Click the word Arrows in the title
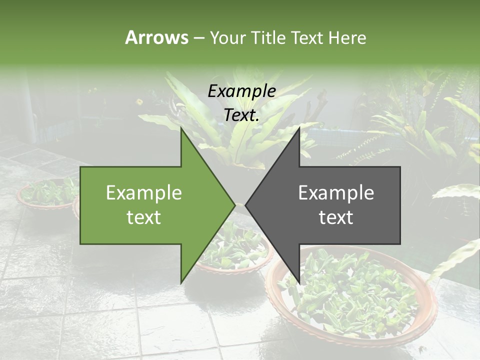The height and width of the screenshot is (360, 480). coord(156,37)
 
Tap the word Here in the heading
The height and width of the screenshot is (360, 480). coord(347,38)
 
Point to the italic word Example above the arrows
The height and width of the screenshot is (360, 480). coord(242,91)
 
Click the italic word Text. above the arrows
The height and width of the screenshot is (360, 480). coord(242,115)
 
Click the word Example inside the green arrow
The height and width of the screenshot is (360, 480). coord(144,193)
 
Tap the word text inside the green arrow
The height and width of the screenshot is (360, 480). coord(144,217)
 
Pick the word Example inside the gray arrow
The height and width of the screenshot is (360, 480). coord(336,193)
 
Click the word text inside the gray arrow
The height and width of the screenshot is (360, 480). coord(336,217)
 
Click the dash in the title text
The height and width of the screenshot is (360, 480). coord(198,38)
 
